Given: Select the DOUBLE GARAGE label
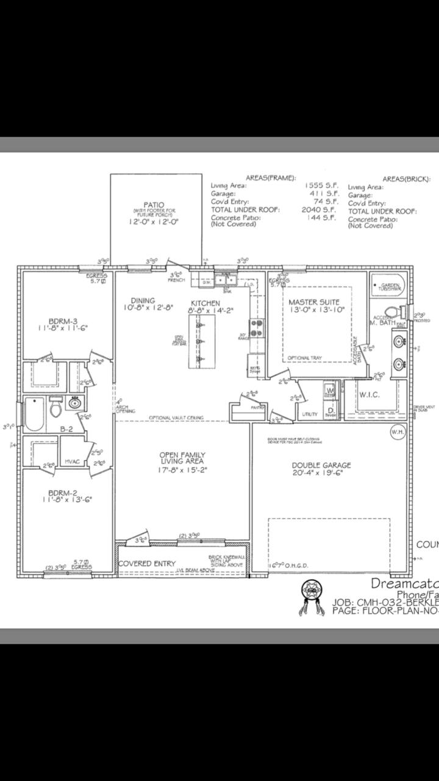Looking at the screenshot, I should [321, 465].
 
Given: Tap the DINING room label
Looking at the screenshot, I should [143, 300].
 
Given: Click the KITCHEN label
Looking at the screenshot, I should [205, 303].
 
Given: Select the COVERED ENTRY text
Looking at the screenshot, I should [147, 563].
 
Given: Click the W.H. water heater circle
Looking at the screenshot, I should [398, 432].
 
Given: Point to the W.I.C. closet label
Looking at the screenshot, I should [369, 395].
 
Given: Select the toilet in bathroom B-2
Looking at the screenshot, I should [56, 404].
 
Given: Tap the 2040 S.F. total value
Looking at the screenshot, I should [319, 209].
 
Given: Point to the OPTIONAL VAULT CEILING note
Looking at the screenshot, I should [176, 418].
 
